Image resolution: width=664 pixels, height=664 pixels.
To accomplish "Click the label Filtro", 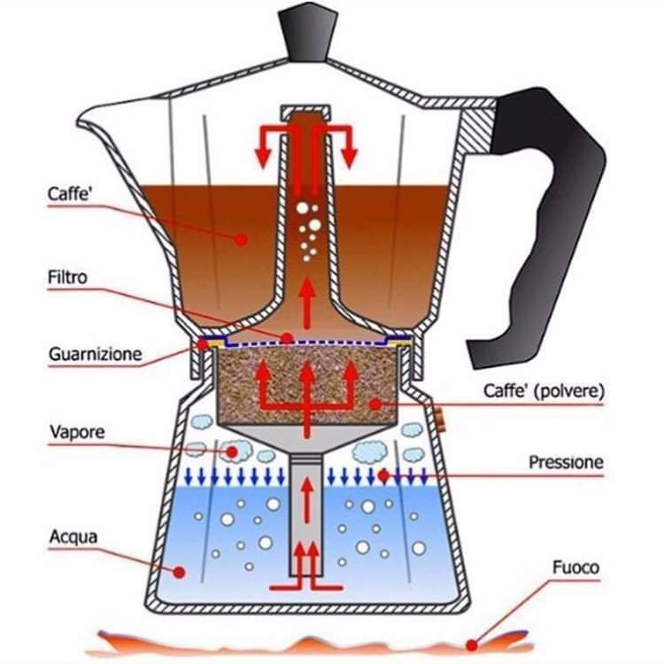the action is click(x=67, y=277).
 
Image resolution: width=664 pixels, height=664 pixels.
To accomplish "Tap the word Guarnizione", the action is click(x=96, y=354).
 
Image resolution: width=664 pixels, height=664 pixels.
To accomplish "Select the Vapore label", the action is click(x=77, y=432).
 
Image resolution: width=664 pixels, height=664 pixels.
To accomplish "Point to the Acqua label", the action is click(x=73, y=537).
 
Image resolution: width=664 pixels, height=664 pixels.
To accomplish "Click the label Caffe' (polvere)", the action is click(x=544, y=390).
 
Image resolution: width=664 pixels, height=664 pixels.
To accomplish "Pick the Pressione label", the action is click(x=567, y=462).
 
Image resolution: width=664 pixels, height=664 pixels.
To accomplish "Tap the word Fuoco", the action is click(x=576, y=567).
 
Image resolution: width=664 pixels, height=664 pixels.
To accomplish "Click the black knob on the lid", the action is click(x=308, y=31).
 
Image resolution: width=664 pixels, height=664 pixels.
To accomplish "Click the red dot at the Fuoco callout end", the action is click(x=472, y=645).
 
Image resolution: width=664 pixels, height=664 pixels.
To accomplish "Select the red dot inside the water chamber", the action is click(x=179, y=573).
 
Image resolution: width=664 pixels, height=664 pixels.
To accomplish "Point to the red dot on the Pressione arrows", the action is click(x=383, y=475).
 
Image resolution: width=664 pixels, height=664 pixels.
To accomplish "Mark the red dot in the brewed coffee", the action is click(x=242, y=240).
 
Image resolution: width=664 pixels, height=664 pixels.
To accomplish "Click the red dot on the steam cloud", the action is click(x=232, y=452).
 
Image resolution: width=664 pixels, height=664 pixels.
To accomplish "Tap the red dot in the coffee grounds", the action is click(x=375, y=404).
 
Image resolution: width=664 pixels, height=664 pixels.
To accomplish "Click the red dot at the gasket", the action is click(x=204, y=344).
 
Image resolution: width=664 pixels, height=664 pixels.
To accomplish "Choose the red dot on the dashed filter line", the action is click(x=287, y=338).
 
